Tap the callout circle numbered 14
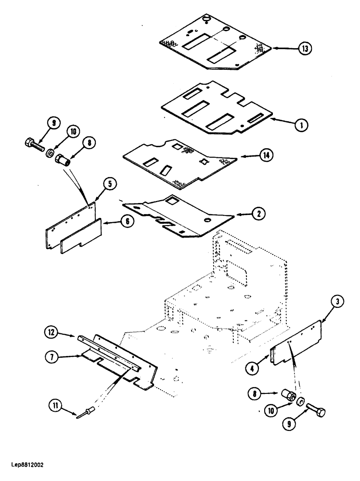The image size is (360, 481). coord(268,156)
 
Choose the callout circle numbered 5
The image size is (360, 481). coord(109,183)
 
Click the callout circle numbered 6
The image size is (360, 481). coord(128,223)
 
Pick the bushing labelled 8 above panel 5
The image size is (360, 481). coord(64,159)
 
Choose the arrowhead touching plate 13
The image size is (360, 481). coord(276,48)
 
